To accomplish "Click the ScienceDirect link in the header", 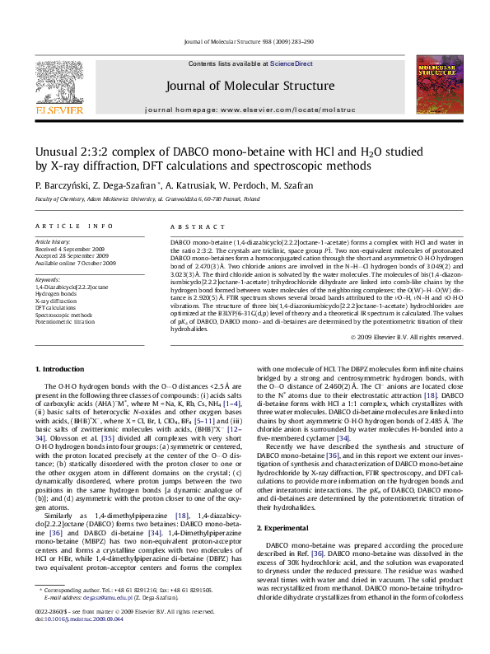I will click(x=292, y=63).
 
